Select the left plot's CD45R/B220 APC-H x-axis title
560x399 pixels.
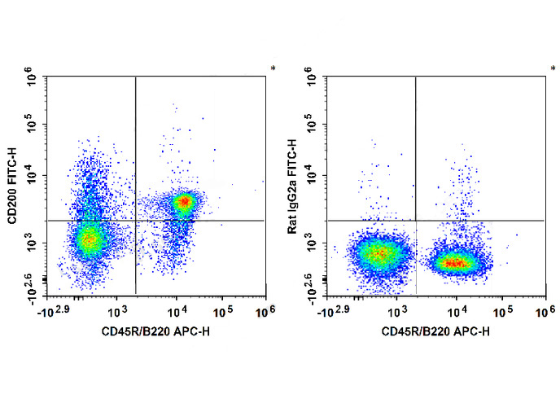tap(154, 331)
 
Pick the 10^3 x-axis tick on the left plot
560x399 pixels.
tap(118, 310)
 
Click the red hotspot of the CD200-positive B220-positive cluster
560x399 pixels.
tap(185, 201)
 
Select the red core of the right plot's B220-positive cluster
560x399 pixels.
tap(455, 262)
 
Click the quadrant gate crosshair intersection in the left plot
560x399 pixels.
tap(135, 221)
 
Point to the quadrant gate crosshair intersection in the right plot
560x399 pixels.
tap(416, 221)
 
